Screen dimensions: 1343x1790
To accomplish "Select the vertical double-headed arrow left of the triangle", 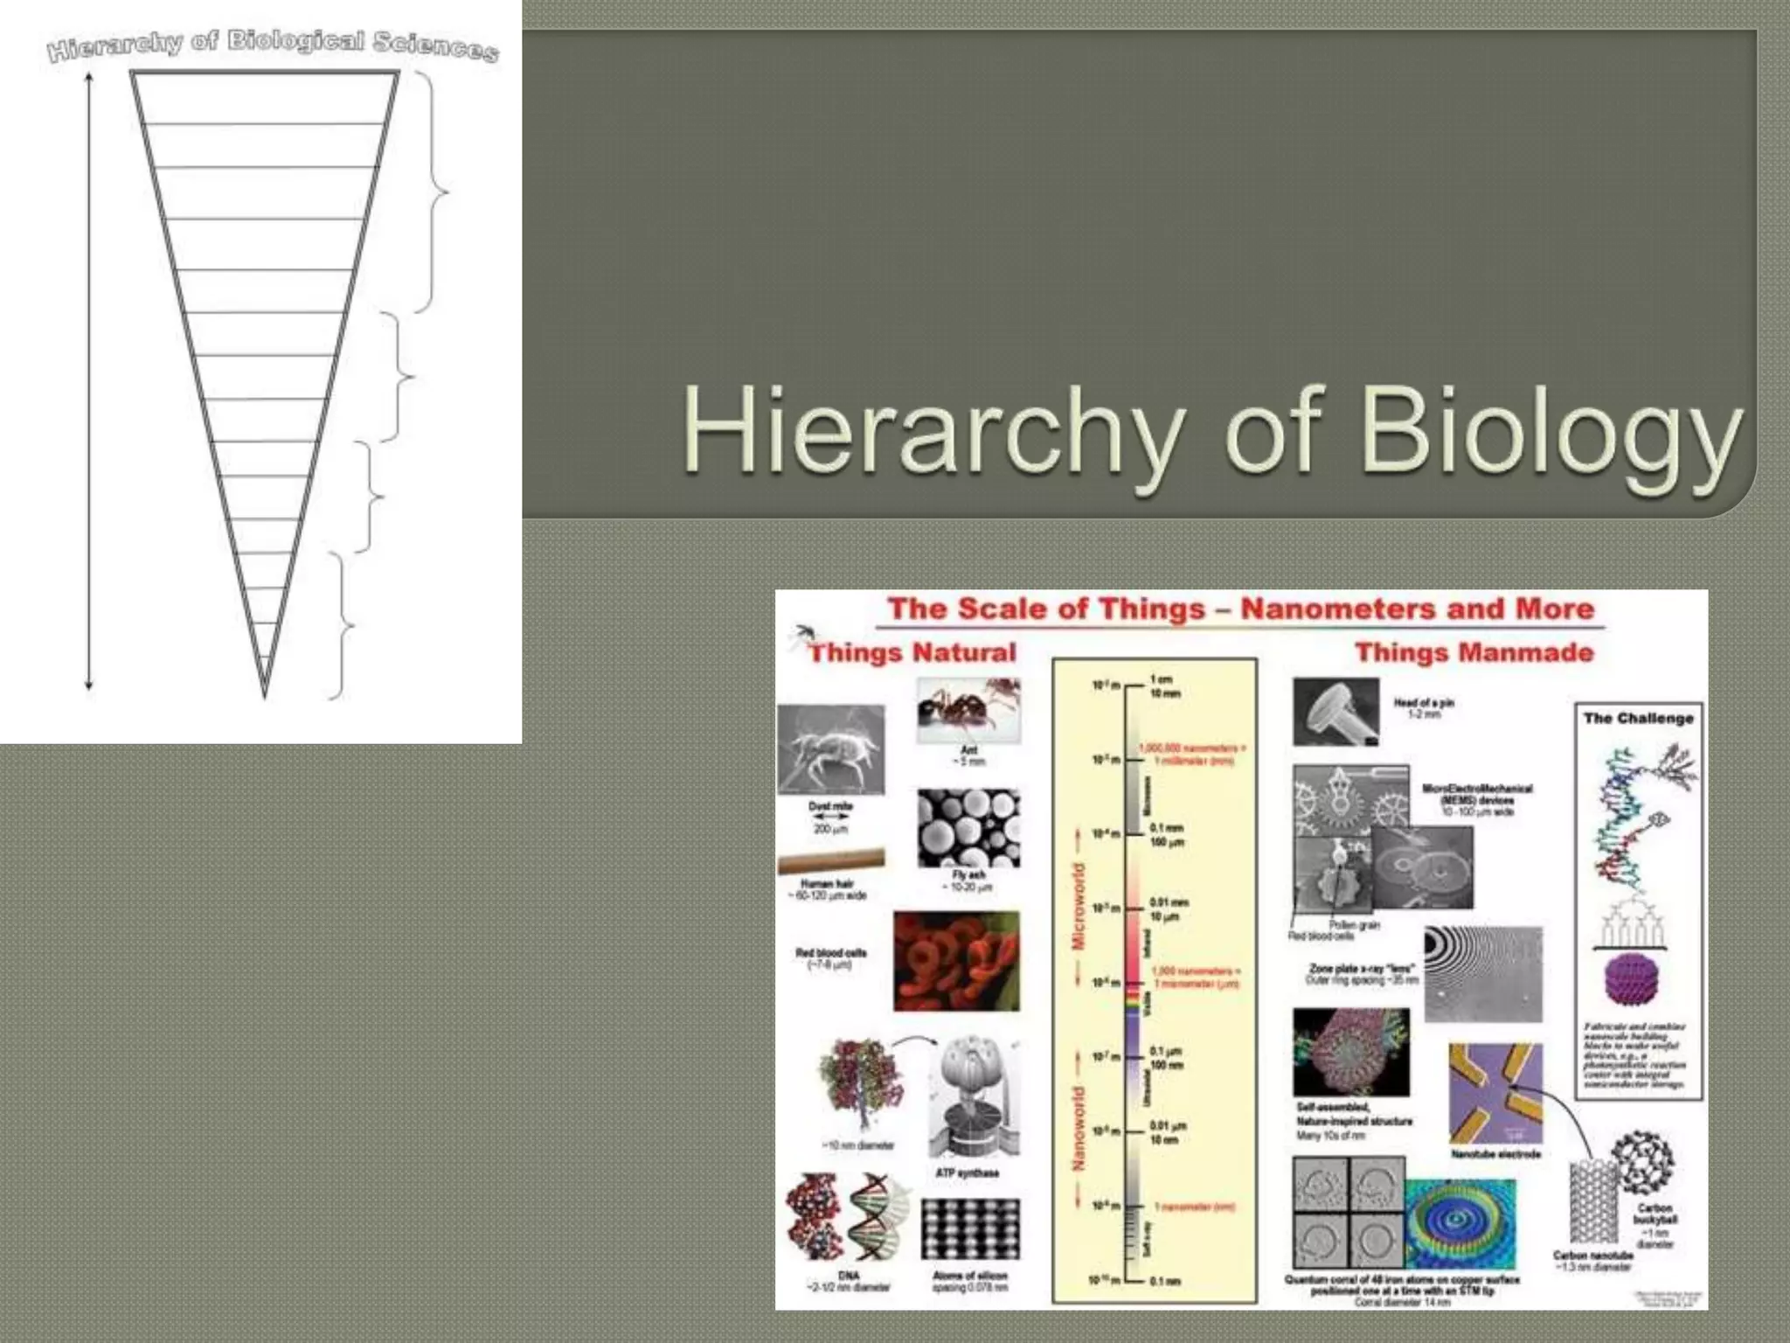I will coord(88,381).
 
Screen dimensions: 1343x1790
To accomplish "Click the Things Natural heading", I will coord(912,652).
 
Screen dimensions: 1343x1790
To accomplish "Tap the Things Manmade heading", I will coord(1474,652).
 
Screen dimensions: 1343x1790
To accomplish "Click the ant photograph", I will coord(968,710).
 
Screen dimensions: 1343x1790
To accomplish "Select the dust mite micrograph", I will coord(830,750).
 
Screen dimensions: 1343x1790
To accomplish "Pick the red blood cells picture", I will coord(956,960).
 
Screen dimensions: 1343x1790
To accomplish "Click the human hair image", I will coord(830,861).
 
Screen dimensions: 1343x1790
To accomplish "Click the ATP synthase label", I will coord(967,1173).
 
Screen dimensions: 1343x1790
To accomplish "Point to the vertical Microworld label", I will coord(1079,906).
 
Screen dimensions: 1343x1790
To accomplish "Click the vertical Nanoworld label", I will coord(1079,1128).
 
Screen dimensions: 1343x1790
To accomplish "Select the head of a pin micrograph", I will coord(1336,712).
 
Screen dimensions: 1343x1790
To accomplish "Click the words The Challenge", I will coord(1638,718).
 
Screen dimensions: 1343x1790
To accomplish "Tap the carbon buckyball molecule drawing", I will coord(1641,1162).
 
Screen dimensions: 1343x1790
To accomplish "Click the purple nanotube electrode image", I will coord(1495,1093).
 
